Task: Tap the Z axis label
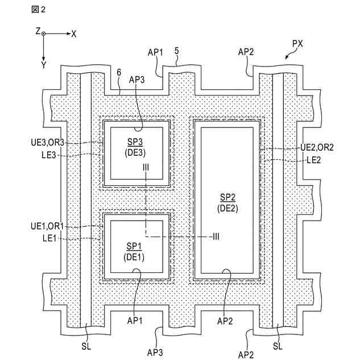pyautogui.click(x=38, y=32)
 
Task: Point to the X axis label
pyautogui.click(x=74, y=34)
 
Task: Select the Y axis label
pyautogui.click(x=43, y=65)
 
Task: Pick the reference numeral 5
pyautogui.click(x=177, y=51)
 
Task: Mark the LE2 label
pyautogui.click(x=315, y=160)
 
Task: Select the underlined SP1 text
pyautogui.click(x=134, y=246)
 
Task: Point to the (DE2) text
pyautogui.click(x=226, y=208)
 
